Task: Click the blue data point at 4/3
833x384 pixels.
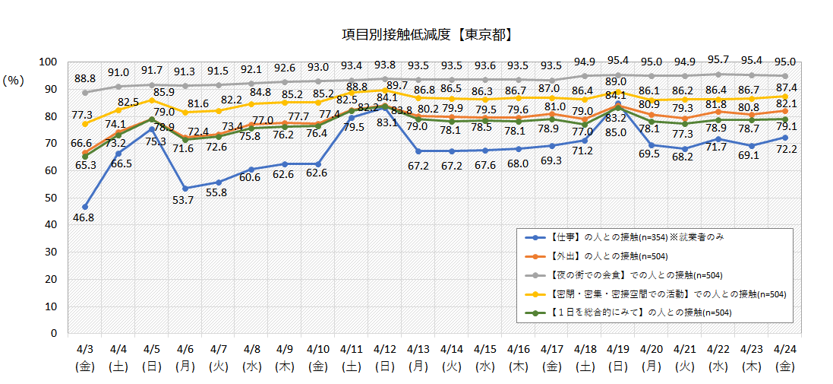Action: [85, 207]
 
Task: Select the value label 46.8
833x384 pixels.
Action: [85, 217]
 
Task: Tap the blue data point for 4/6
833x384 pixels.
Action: [185, 188]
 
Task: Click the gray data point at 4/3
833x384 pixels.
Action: [85, 92]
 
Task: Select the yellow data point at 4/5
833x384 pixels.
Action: [151, 100]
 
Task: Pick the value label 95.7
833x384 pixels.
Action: [718, 59]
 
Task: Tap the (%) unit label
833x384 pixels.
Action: [14, 80]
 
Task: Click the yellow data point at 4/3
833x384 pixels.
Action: [85, 123]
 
